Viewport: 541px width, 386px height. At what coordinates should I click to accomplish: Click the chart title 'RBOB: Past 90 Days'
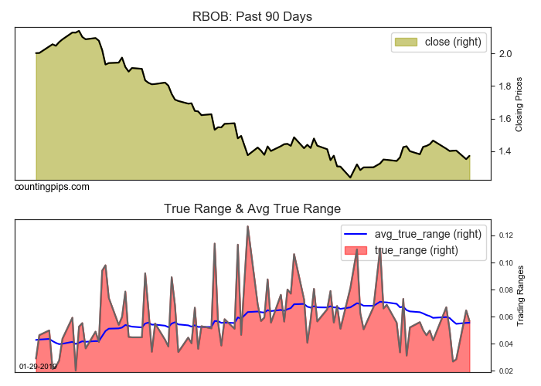coord(252,16)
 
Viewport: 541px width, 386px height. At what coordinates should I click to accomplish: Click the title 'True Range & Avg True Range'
coord(252,208)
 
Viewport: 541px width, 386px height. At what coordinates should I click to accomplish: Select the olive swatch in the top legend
coord(405,42)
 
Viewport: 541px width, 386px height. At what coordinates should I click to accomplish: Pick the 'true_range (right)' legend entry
coord(417,249)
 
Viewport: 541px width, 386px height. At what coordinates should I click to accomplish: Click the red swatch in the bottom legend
coord(356,249)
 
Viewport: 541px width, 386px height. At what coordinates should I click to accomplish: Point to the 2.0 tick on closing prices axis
coord(505,54)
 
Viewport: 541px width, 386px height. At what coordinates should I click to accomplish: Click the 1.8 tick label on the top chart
coord(505,86)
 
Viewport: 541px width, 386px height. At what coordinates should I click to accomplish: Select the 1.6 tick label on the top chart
coord(505,118)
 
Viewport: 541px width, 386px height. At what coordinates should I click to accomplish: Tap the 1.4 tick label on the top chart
coord(505,151)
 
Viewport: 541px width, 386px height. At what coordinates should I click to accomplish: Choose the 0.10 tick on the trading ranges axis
coord(507,263)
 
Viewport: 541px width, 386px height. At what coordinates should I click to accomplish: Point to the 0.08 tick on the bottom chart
coord(507,290)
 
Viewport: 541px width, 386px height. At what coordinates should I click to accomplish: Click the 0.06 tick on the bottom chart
coord(507,317)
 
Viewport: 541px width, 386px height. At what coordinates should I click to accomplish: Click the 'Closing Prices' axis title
coord(519,103)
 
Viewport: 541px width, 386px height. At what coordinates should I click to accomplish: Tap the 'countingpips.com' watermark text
coord(52,187)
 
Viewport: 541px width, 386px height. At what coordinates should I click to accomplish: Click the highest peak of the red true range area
coord(247,226)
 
